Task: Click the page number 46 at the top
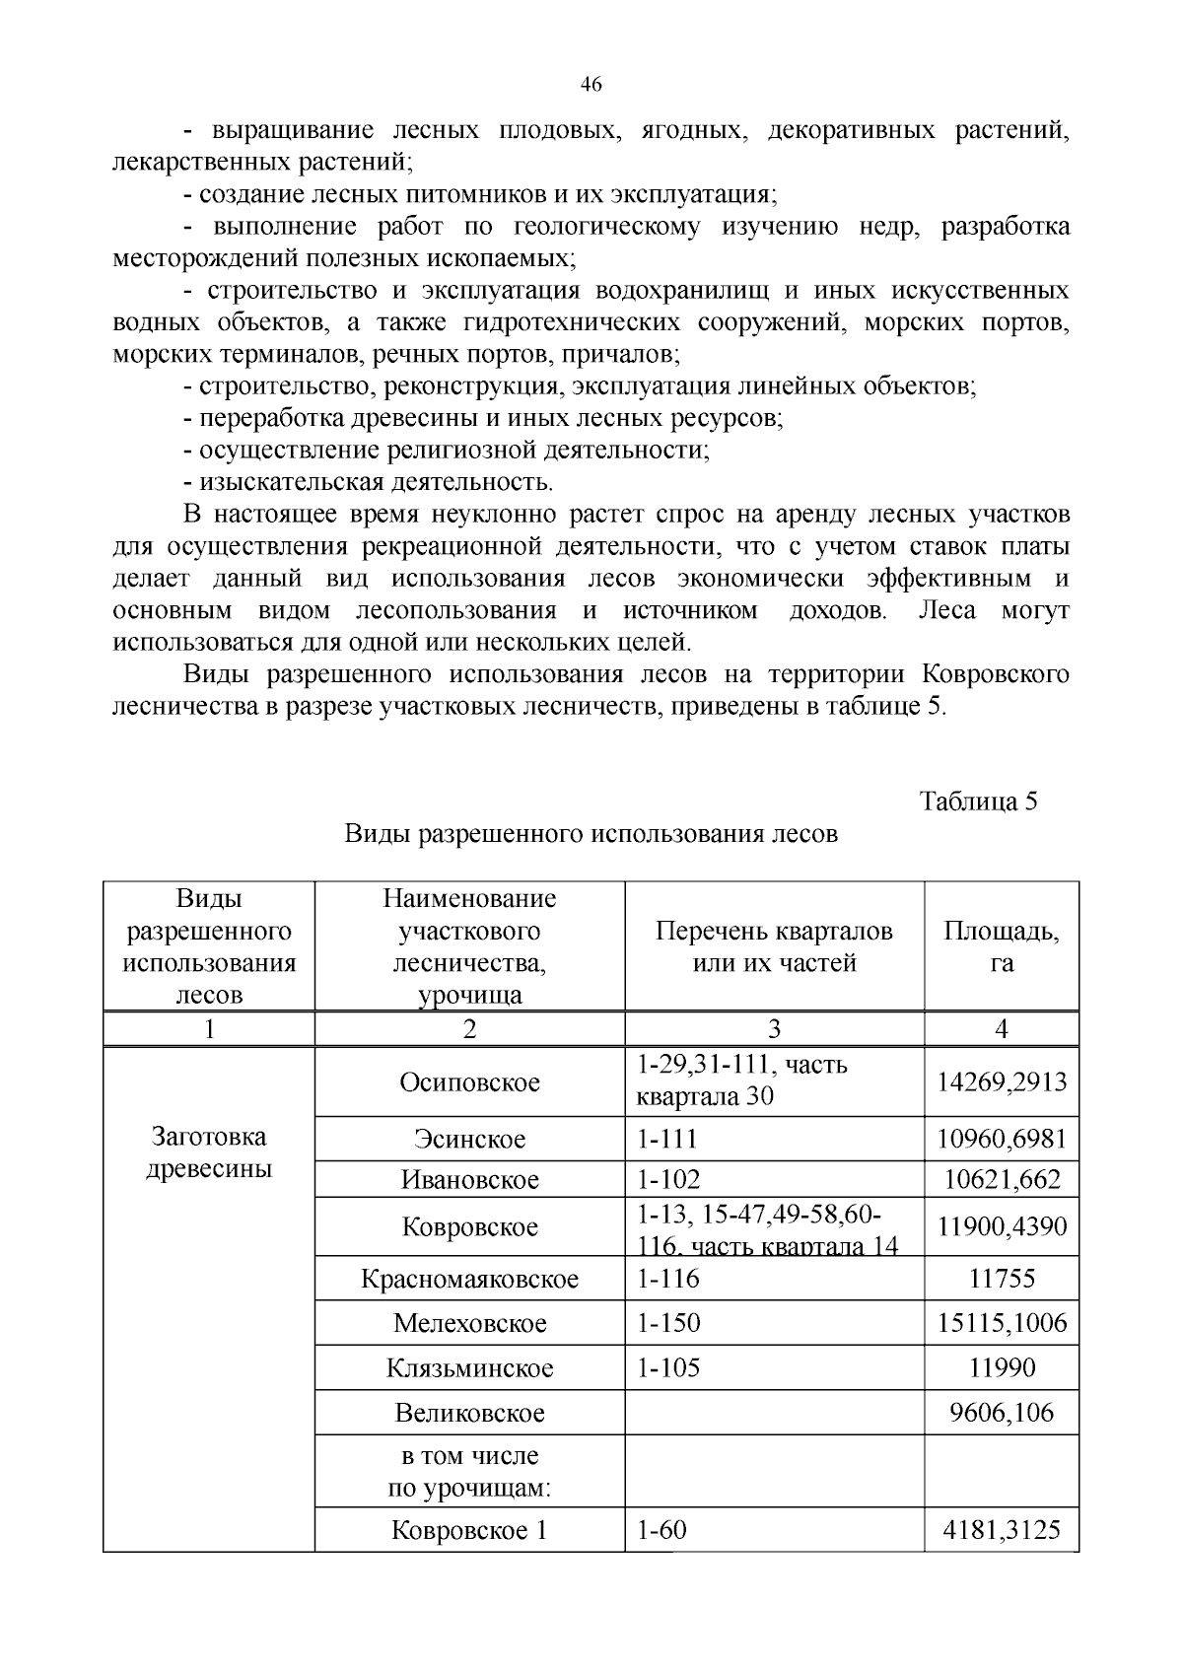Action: pos(591,85)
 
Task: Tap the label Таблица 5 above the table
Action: pos(978,801)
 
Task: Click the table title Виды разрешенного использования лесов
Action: pos(591,834)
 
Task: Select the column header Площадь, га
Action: pos(1002,946)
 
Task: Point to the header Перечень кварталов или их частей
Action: pos(774,946)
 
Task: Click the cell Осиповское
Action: pos(469,1082)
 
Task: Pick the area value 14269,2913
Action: pos(1002,1082)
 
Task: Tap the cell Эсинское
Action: pos(469,1140)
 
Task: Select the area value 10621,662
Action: pos(1002,1179)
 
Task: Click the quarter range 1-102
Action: pos(668,1179)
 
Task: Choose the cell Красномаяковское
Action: pos(469,1280)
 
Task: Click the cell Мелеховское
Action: pos(469,1323)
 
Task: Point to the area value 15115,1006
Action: pos(1002,1323)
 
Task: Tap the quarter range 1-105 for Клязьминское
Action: pos(668,1368)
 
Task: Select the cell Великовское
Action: pos(469,1414)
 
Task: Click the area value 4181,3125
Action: pos(1002,1530)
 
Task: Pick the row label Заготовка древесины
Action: pos(209,1152)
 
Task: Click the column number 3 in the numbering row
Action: pos(774,1029)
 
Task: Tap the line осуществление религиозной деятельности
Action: pos(447,451)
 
